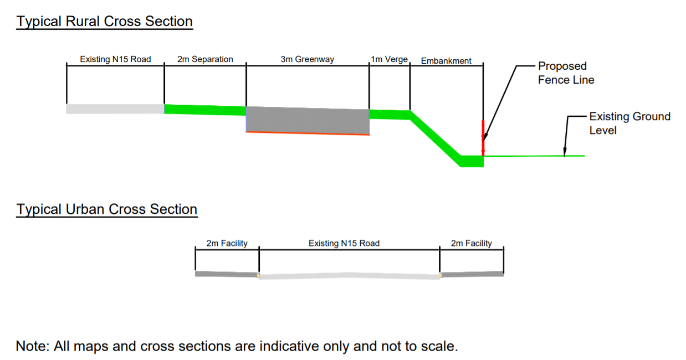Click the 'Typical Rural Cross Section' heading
104,22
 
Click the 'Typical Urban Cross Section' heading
107,209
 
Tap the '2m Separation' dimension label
205,59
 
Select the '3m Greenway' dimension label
308,59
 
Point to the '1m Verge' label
389,59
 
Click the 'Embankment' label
446,61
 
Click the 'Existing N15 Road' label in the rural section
115,59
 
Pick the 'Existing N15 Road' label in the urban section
344,243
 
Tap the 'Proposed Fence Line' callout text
566,73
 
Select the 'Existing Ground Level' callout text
629,124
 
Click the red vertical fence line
483,138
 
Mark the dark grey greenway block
308,121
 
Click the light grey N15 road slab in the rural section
115,109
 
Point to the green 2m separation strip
205,110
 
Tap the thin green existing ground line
534,156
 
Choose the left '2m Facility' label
227,243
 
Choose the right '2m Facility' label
472,243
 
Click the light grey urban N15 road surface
350,276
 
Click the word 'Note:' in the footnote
33,346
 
